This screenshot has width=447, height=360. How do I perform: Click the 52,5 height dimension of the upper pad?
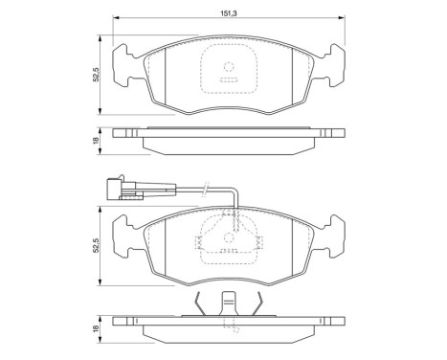[x=96, y=73]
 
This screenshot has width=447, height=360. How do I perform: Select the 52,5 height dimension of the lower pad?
[x=96, y=247]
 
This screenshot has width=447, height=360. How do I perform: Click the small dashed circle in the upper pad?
[x=228, y=68]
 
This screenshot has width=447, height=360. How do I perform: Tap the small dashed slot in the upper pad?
[x=228, y=82]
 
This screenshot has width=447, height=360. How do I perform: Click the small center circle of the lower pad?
[x=228, y=242]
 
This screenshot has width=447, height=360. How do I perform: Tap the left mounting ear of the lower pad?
[x=123, y=235]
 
